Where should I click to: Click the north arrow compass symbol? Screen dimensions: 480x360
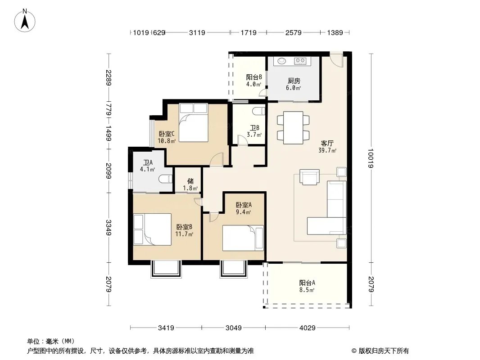pyautogui.click(x=25, y=20)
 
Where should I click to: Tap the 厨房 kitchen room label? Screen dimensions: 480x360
pyautogui.click(x=294, y=81)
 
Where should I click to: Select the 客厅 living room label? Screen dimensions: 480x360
pyautogui.click(x=327, y=143)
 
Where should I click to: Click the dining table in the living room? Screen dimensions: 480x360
pyautogui.click(x=293, y=128)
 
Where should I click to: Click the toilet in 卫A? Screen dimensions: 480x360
pyautogui.click(x=166, y=179)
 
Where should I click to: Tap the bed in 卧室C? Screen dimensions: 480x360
pyautogui.click(x=194, y=122)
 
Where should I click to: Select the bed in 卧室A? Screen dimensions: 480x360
pyautogui.click(x=243, y=238)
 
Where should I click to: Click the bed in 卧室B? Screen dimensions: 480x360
pyautogui.click(x=153, y=229)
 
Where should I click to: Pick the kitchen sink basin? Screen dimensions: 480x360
pyautogui.click(x=282, y=61)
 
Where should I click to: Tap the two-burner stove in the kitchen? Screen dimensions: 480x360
pyautogui.click(x=300, y=61)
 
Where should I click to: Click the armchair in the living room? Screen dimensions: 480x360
pyautogui.click(x=309, y=177)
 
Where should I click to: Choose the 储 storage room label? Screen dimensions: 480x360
pyautogui.click(x=190, y=181)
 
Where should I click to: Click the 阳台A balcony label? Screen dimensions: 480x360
pyautogui.click(x=307, y=283)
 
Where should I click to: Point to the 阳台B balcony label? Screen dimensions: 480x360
pyautogui.click(x=254, y=77)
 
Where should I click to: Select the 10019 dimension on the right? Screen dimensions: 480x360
pyautogui.click(x=371, y=158)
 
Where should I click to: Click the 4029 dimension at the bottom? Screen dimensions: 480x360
pyautogui.click(x=308, y=328)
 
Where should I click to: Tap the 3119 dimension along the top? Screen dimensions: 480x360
pyautogui.click(x=197, y=32)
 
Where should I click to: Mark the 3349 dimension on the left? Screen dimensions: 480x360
pyautogui.click(x=109, y=228)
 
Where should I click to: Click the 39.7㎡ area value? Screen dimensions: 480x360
pyautogui.click(x=327, y=150)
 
